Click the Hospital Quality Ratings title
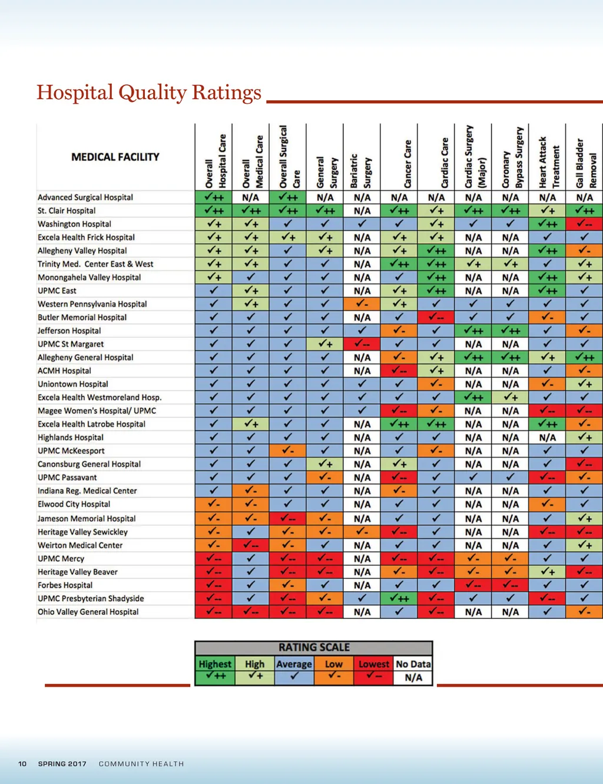(149, 93)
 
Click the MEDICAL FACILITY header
(115, 157)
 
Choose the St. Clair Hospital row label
(67, 210)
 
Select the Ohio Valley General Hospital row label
(88, 612)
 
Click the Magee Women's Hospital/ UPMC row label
(97, 411)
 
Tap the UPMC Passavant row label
(67, 477)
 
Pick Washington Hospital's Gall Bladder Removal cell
(584, 224)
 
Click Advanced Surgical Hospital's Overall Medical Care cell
(250, 197)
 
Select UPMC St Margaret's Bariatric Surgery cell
(362, 344)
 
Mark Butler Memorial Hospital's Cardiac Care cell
(436, 318)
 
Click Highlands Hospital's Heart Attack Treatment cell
(547, 437)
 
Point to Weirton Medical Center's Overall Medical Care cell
(250, 545)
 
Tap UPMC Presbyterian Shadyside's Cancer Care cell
(399, 598)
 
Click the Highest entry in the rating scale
(215, 670)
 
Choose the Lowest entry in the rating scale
(374, 670)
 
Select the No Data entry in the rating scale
(413, 670)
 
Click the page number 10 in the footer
(22, 764)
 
